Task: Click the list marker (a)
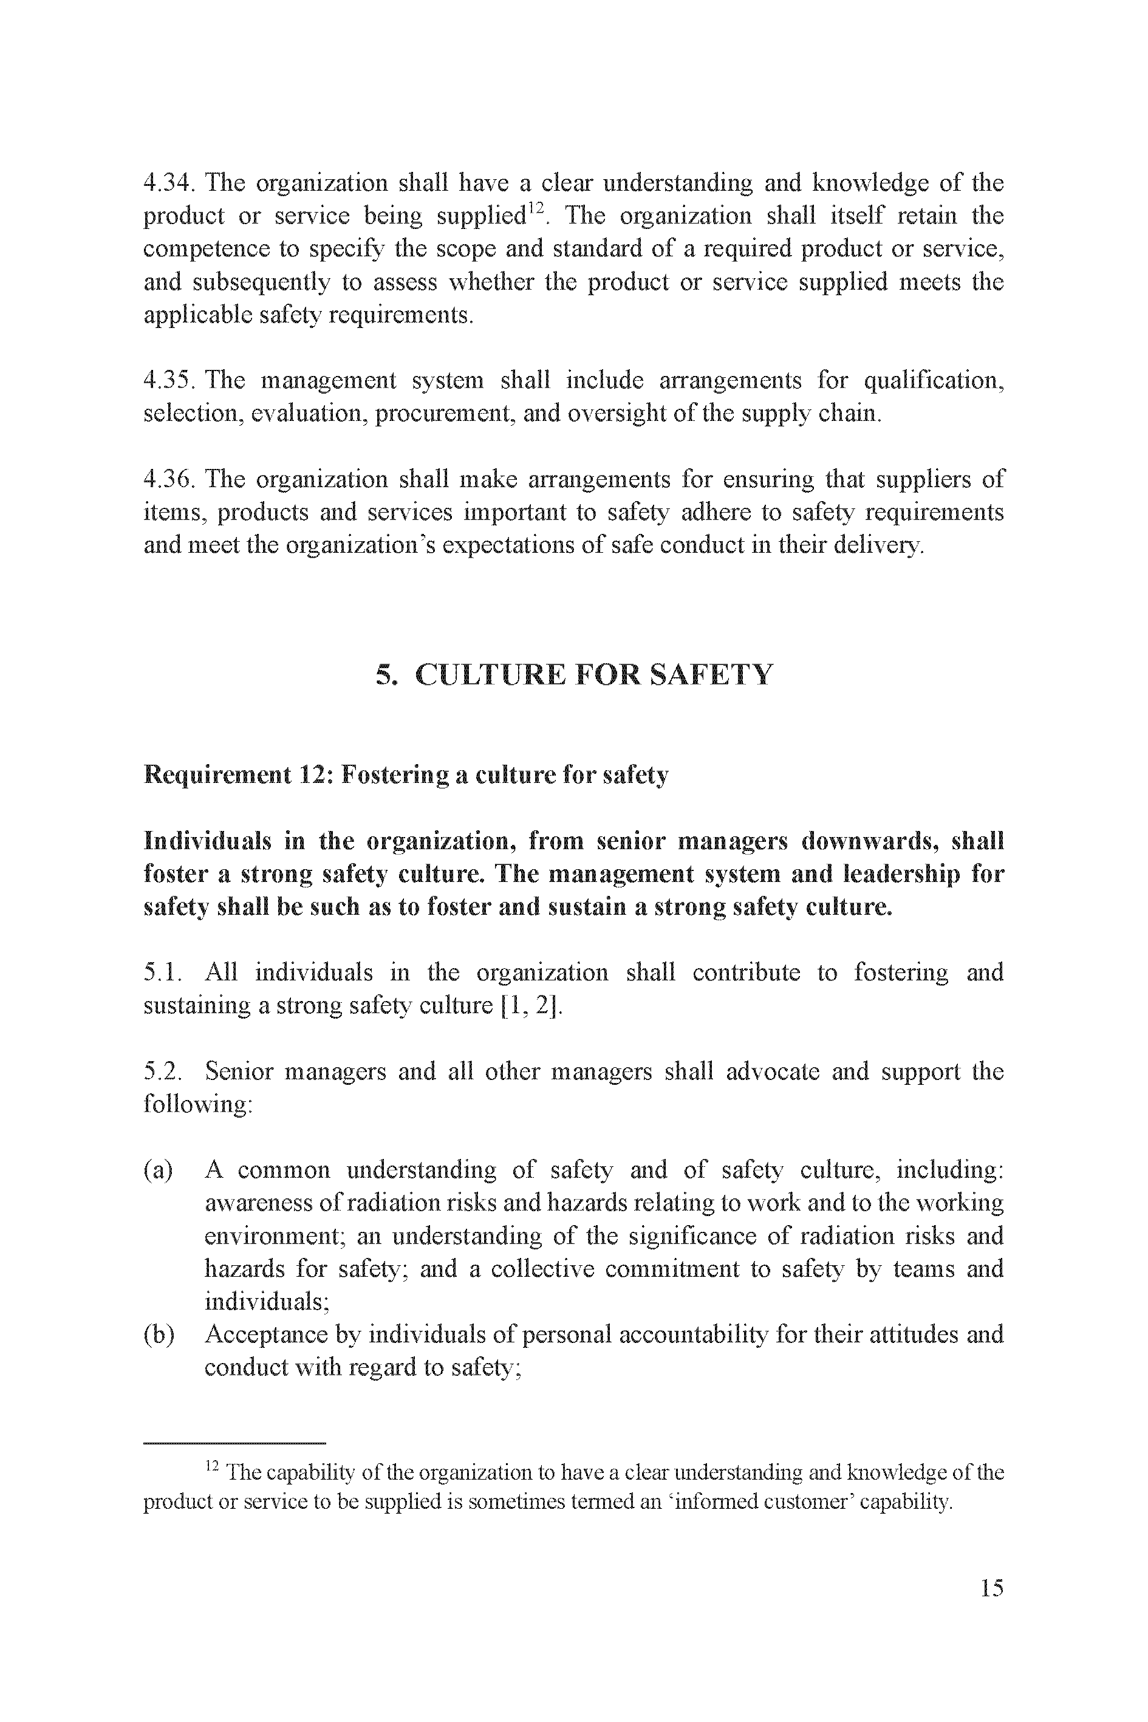[158, 1170]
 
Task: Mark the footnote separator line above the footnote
[234, 1443]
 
